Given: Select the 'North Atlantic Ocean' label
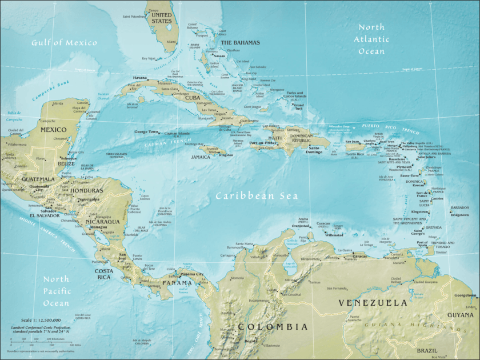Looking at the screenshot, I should [371, 39].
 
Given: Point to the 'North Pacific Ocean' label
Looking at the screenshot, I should [56, 291].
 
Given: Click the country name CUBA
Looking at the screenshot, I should [192, 98].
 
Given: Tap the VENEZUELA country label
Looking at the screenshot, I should [373, 302].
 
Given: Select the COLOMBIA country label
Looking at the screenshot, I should [273, 327].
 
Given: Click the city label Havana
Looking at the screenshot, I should [140, 78].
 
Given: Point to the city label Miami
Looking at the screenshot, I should [171, 42].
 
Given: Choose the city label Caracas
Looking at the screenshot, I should [359, 256].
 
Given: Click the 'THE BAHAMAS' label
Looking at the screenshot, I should [240, 43].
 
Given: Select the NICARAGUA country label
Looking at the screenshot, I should [103, 221].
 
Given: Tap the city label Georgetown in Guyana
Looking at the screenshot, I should [465, 295].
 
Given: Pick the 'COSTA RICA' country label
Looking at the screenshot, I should [104, 274].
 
